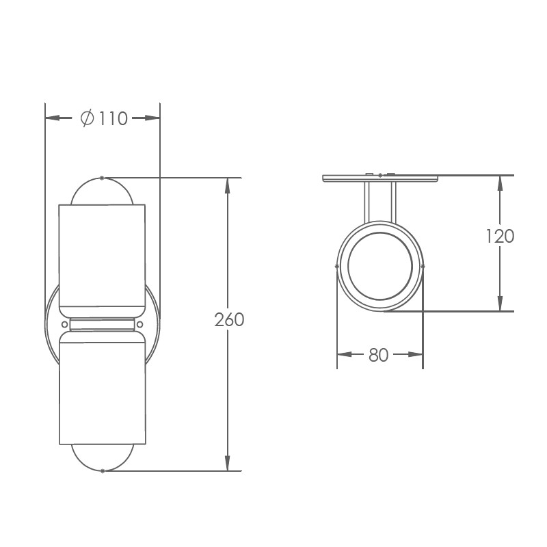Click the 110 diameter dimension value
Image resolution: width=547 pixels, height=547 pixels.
114,118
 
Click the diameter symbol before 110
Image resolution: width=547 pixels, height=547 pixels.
88,118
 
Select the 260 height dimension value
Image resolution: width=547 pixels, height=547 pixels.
229,319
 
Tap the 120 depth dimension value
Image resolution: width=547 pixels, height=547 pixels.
501,236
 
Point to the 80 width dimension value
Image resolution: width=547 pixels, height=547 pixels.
379,355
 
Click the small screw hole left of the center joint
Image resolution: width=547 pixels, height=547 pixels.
64,324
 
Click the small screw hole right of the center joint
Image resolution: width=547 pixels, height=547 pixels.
140,324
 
